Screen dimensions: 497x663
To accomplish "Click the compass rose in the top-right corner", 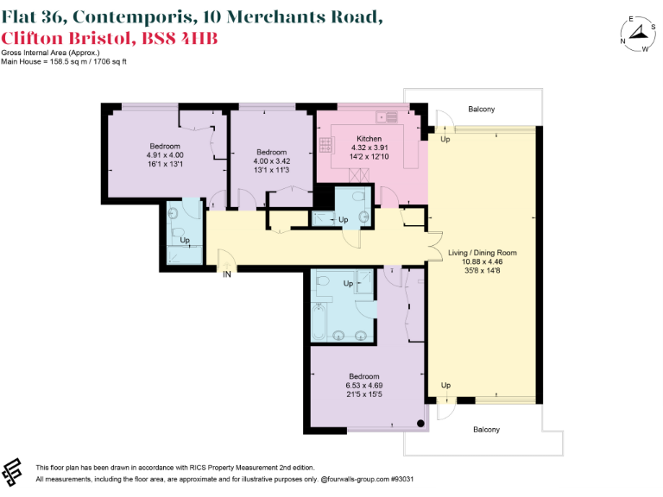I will point(637,34).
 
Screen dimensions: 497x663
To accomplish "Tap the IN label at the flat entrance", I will point(227,275).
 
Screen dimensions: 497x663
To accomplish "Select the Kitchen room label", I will point(369,139).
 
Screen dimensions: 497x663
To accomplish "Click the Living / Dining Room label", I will point(483,253).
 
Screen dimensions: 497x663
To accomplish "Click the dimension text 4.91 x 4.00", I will point(165,155).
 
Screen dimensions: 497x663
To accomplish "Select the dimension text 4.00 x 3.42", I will point(270,161).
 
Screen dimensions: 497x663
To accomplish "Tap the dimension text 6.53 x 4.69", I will point(364,386).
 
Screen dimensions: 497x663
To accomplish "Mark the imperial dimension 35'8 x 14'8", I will point(483,271).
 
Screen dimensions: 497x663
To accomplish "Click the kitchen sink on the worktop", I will point(387,116).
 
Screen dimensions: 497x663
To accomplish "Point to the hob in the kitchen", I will point(324,144).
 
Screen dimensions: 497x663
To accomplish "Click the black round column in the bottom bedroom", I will point(420,424).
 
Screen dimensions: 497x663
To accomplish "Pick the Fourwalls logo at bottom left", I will point(15,470).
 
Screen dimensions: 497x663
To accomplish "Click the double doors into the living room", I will point(434,244).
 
